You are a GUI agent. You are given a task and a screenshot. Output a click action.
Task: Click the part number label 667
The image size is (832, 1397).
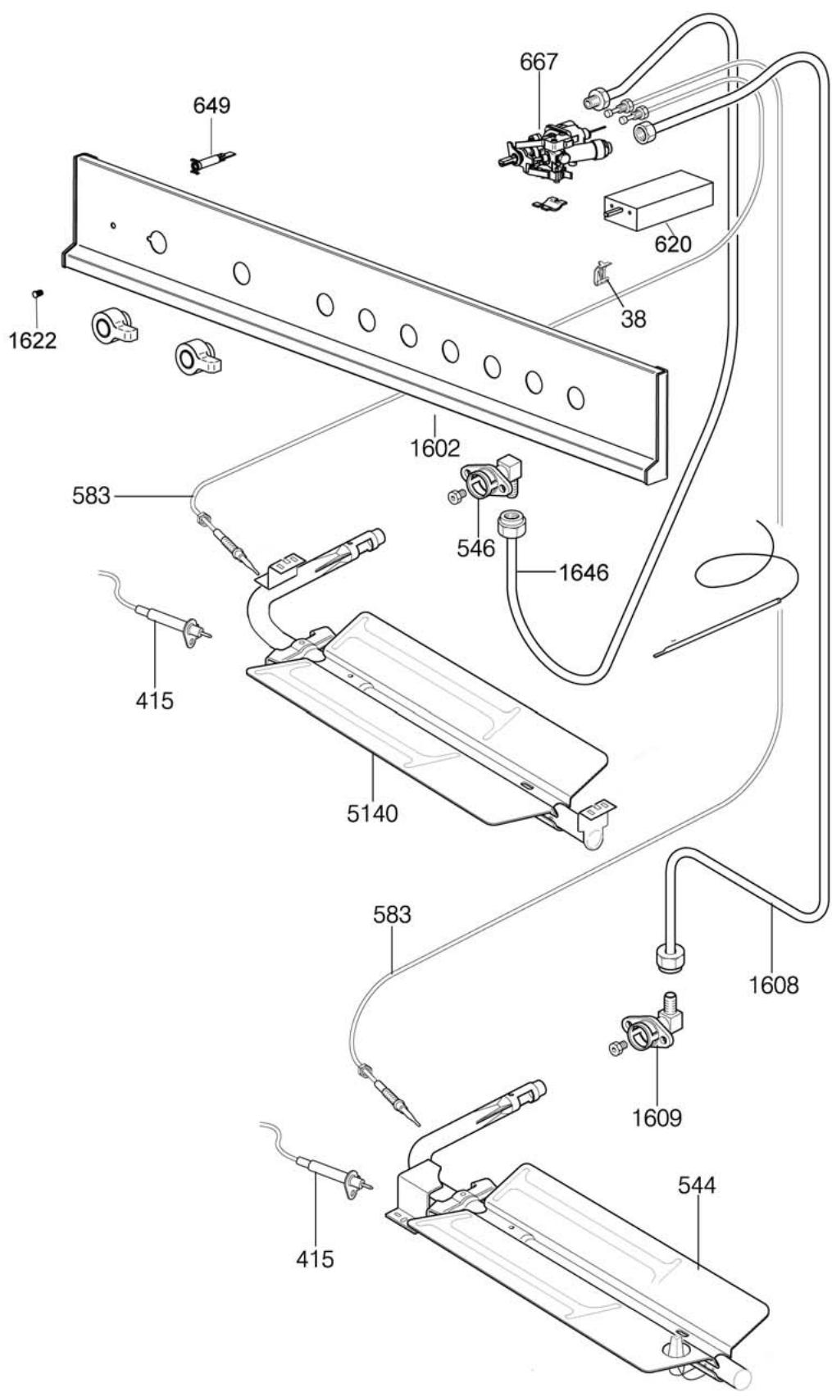[539, 62]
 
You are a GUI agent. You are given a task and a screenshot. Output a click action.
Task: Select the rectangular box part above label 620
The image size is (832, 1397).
[657, 200]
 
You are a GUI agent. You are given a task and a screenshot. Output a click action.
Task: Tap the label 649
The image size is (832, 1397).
[211, 106]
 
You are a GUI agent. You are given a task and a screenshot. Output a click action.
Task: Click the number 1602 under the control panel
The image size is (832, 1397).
[435, 448]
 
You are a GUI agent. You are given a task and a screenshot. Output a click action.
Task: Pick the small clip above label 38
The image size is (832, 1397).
[603, 272]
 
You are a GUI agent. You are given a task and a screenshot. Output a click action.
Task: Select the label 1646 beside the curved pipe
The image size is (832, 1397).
[584, 572]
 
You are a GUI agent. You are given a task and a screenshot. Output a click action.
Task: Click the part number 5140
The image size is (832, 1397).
[371, 813]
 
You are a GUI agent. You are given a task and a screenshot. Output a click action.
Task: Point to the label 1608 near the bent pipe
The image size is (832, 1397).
[773, 984]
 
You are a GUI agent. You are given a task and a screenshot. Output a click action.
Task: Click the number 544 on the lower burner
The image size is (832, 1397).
[697, 1185]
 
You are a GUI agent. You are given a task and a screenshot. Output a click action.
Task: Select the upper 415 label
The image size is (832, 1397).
[155, 700]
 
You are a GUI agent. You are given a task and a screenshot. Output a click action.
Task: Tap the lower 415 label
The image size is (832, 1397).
[316, 1258]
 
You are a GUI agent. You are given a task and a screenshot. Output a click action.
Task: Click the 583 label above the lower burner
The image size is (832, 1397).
[392, 914]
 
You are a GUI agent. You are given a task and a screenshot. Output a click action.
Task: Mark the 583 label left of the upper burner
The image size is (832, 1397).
[91, 496]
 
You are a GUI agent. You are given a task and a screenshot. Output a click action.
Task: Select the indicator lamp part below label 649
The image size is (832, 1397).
[211, 162]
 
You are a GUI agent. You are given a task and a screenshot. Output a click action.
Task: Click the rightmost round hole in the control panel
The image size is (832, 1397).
[576, 398]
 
